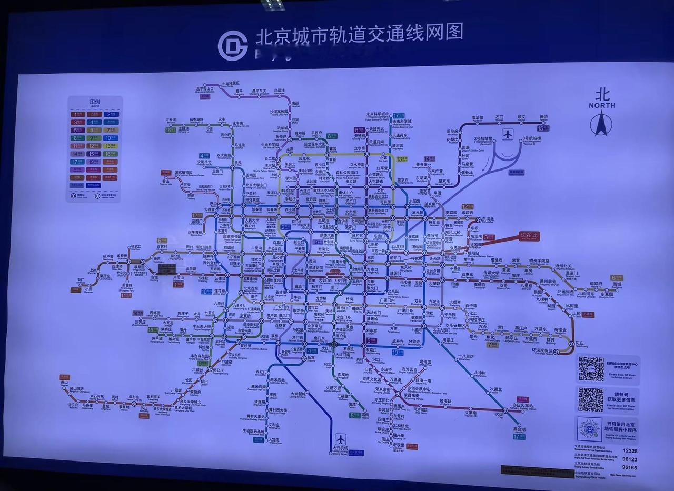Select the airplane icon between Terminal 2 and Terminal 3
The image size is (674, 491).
tap(507, 134)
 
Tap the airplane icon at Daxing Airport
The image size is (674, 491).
tap(340, 438)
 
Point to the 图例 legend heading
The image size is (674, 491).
tap(94, 102)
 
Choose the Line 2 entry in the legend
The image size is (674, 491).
tap(110, 114)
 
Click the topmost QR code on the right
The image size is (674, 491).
tap(591, 368)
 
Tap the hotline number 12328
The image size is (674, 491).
tap(630, 450)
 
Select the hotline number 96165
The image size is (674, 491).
tap(630, 467)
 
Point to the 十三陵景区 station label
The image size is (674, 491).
tap(231, 83)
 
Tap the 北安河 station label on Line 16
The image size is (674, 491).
tap(170, 120)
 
